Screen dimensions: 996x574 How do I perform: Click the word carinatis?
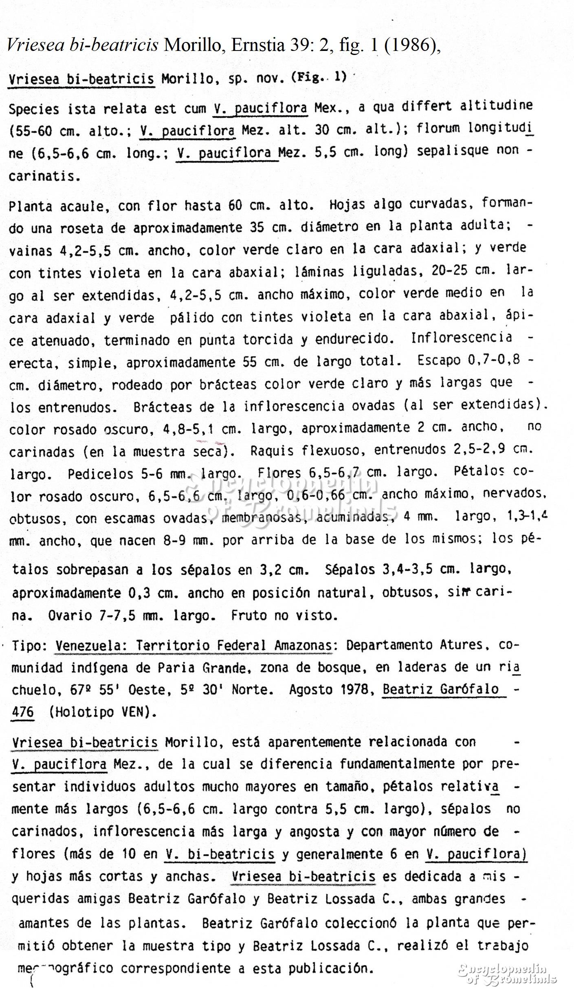[x=42, y=176]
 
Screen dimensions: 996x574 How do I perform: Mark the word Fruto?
[x=249, y=615]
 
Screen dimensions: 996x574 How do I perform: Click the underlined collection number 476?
[x=23, y=712]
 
